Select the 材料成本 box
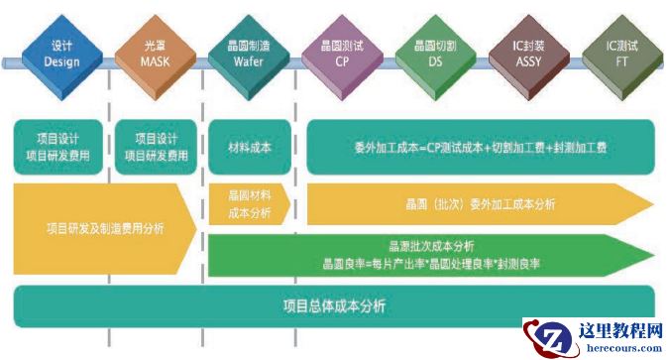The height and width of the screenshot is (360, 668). point(249,146)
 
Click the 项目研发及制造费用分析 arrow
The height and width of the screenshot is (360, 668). point(104,229)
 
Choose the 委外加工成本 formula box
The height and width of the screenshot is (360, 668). point(480,147)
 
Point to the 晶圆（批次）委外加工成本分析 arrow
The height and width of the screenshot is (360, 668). point(480,204)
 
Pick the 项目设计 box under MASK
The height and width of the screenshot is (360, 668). point(156,146)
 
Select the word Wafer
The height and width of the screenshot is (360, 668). point(247,61)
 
